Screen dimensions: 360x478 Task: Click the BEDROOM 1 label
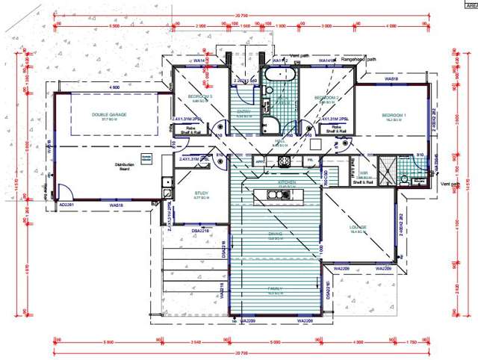(394, 116)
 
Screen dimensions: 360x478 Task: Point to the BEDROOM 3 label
(200, 97)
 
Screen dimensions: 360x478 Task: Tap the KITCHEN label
(288, 181)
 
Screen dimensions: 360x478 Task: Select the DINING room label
(275, 235)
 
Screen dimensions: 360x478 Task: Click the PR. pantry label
(309, 161)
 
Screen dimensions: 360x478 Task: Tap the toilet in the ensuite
(404, 179)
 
